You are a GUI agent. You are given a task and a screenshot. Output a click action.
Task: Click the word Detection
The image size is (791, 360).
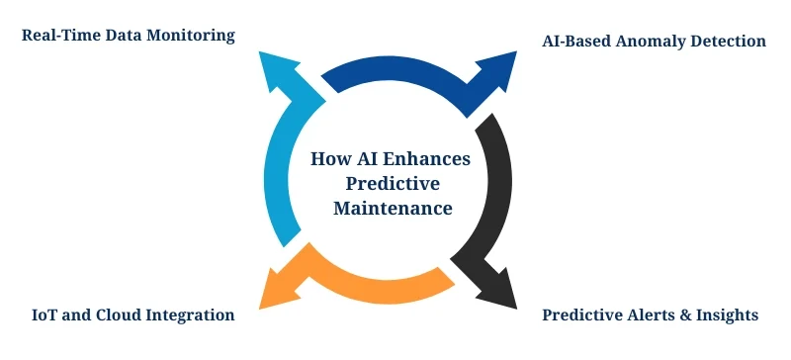[x=731, y=42]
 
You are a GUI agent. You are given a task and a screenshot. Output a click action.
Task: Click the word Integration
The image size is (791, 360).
[x=192, y=315]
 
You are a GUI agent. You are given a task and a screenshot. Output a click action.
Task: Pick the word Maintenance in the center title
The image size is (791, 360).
[x=393, y=209]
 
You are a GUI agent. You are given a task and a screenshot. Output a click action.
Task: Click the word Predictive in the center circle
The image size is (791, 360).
[x=393, y=184]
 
